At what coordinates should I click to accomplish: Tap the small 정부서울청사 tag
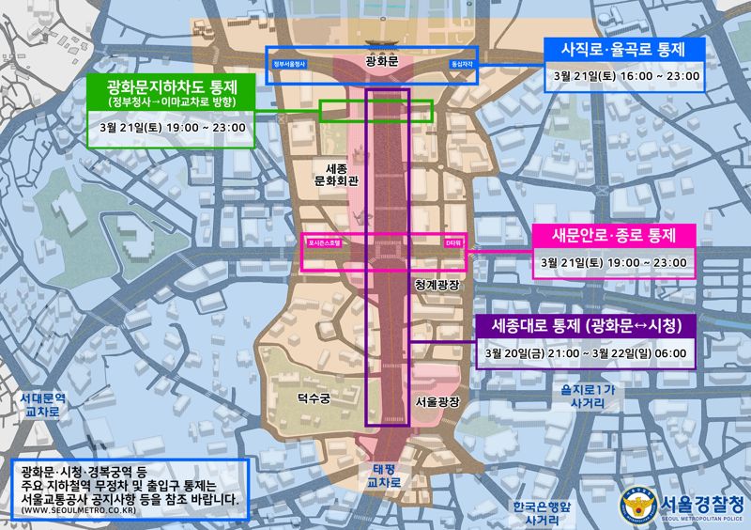coord(290,64)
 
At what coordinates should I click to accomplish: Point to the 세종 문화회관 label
coord(330,169)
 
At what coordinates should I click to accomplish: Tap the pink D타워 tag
coord(452,242)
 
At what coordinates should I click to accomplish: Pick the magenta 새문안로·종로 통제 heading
coord(613,234)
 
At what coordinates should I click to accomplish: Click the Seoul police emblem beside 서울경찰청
coord(636,504)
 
